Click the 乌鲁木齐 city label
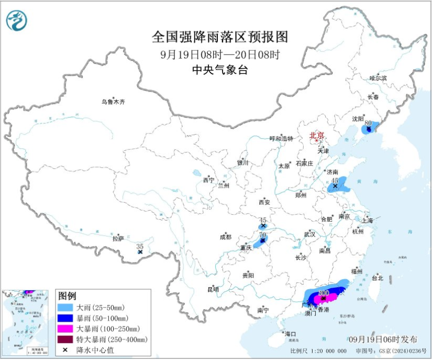point(114,102)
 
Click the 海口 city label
point(290,334)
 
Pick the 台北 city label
point(377,278)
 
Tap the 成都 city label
point(226,237)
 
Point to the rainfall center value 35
point(140,246)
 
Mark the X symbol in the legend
point(65,350)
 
